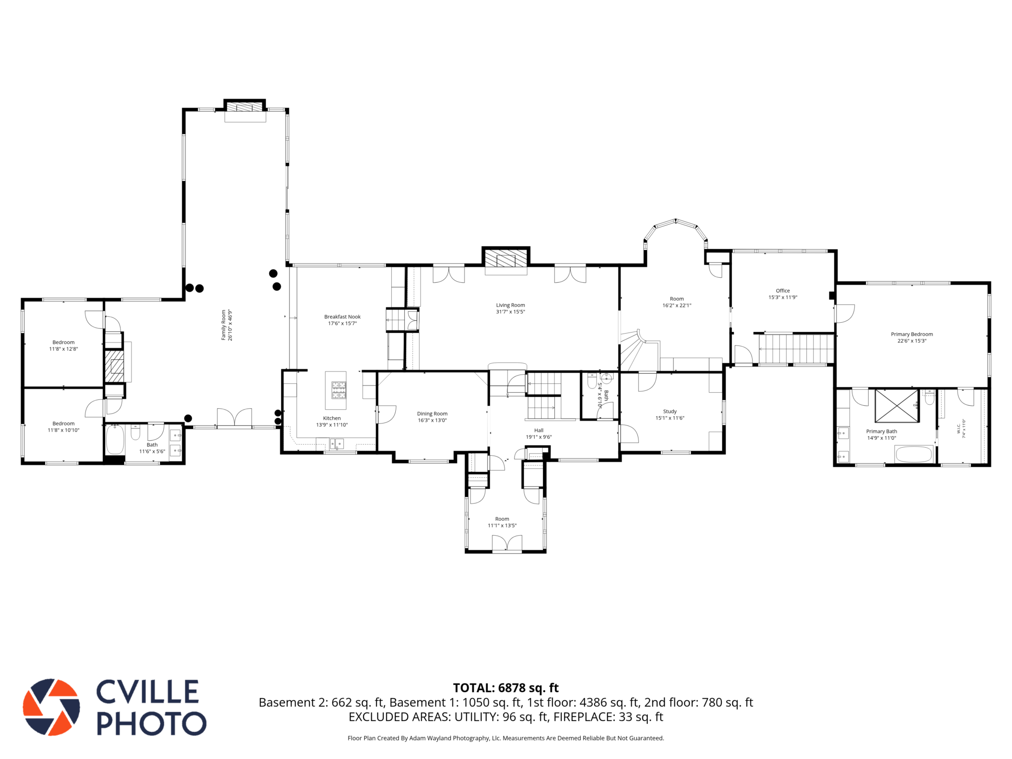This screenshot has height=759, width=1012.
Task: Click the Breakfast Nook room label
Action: pyautogui.click(x=342, y=317)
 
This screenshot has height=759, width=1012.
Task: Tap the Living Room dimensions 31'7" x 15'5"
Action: pyautogui.click(x=510, y=312)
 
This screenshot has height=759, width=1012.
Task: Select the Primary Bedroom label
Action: pyautogui.click(x=912, y=334)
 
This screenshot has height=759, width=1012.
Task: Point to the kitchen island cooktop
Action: pyautogui.click(x=339, y=390)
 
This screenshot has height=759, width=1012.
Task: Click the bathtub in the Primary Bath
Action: pyautogui.click(x=914, y=454)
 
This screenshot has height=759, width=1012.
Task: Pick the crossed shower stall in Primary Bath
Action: pyautogui.click(x=897, y=406)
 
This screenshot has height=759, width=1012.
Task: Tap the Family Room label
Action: pyautogui.click(x=223, y=325)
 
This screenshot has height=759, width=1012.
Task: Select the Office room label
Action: pyautogui.click(x=783, y=291)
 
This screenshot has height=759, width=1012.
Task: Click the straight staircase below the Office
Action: pyautogui.click(x=796, y=349)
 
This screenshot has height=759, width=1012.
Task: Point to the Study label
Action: pyautogui.click(x=670, y=411)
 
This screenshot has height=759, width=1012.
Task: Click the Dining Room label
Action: pyautogui.click(x=432, y=414)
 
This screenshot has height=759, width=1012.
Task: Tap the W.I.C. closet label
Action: pyautogui.click(x=959, y=428)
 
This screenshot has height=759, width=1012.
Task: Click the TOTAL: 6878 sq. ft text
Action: pyautogui.click(x=506, y=688)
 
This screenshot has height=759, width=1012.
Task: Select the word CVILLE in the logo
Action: pyautogui.click(x=148, y=692)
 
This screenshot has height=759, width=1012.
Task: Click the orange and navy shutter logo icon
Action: pyautogui.click(x=51, y=707)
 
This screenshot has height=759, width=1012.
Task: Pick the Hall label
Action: pyautogui.click(x=539, y=430)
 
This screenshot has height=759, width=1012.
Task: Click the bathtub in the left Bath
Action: pyautogui.click(x=115, y=439)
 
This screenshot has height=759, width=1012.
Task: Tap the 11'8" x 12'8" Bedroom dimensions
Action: pyautogui.click(x=63, y=349)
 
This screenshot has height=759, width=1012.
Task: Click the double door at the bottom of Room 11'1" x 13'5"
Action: pyautogui.click(x=507, y=544)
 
